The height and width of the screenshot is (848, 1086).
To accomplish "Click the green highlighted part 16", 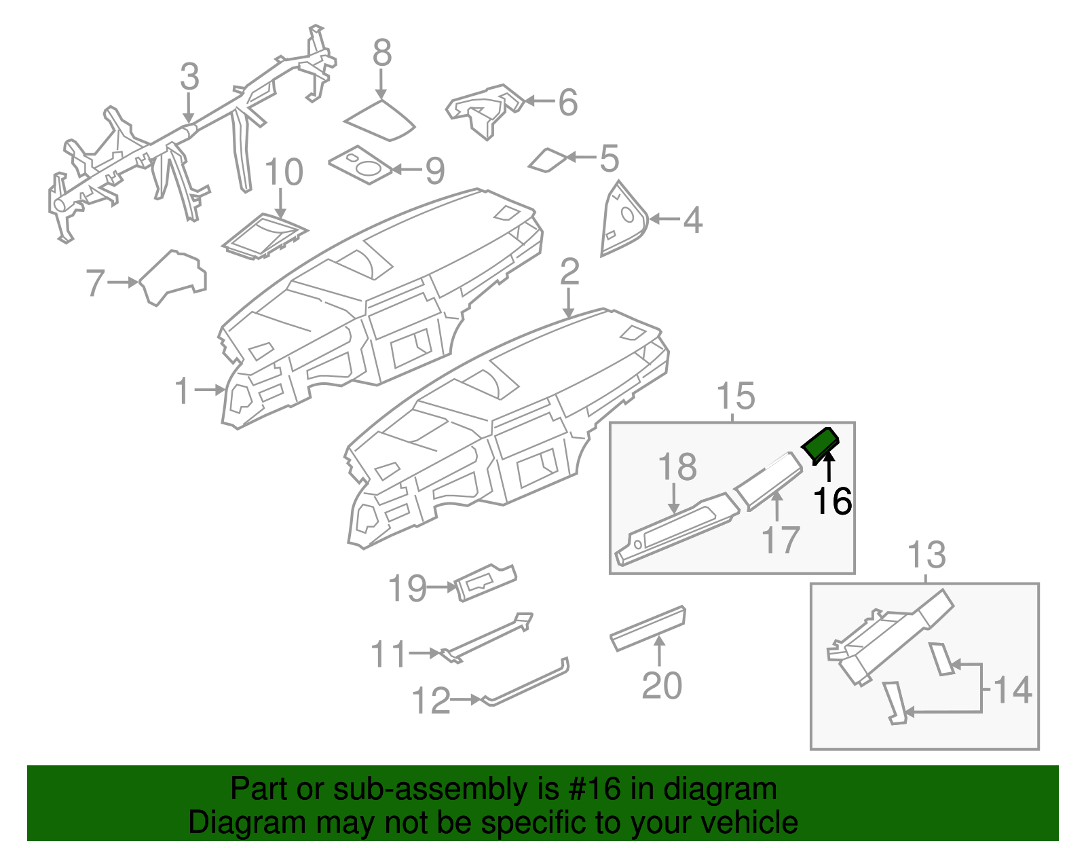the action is click(820, 445).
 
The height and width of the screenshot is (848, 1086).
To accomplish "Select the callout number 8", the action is click(382, 52).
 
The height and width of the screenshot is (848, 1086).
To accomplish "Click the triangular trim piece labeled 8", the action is click(380, 120).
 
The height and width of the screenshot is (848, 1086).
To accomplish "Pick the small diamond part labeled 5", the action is click(548, 160).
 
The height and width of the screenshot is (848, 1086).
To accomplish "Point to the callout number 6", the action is click(567, 102).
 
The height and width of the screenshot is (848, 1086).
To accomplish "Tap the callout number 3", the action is click(189, 77).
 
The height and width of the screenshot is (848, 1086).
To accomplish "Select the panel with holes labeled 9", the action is click(360, 166).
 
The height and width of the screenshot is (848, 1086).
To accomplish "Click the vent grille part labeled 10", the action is click(265, 236).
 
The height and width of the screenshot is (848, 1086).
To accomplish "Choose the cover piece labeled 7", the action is click(173, 278).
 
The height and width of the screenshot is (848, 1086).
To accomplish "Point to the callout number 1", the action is click(183, 391).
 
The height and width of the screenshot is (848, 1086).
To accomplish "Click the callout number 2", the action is click(569, 272).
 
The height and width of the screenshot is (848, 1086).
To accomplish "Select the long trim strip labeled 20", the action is click(648, 629).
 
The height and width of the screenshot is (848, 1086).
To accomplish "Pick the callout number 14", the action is click(1013, 690).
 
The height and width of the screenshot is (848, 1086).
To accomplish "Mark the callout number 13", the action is click(926, 555).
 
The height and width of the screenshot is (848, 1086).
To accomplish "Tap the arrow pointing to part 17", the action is click(777, 506).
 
